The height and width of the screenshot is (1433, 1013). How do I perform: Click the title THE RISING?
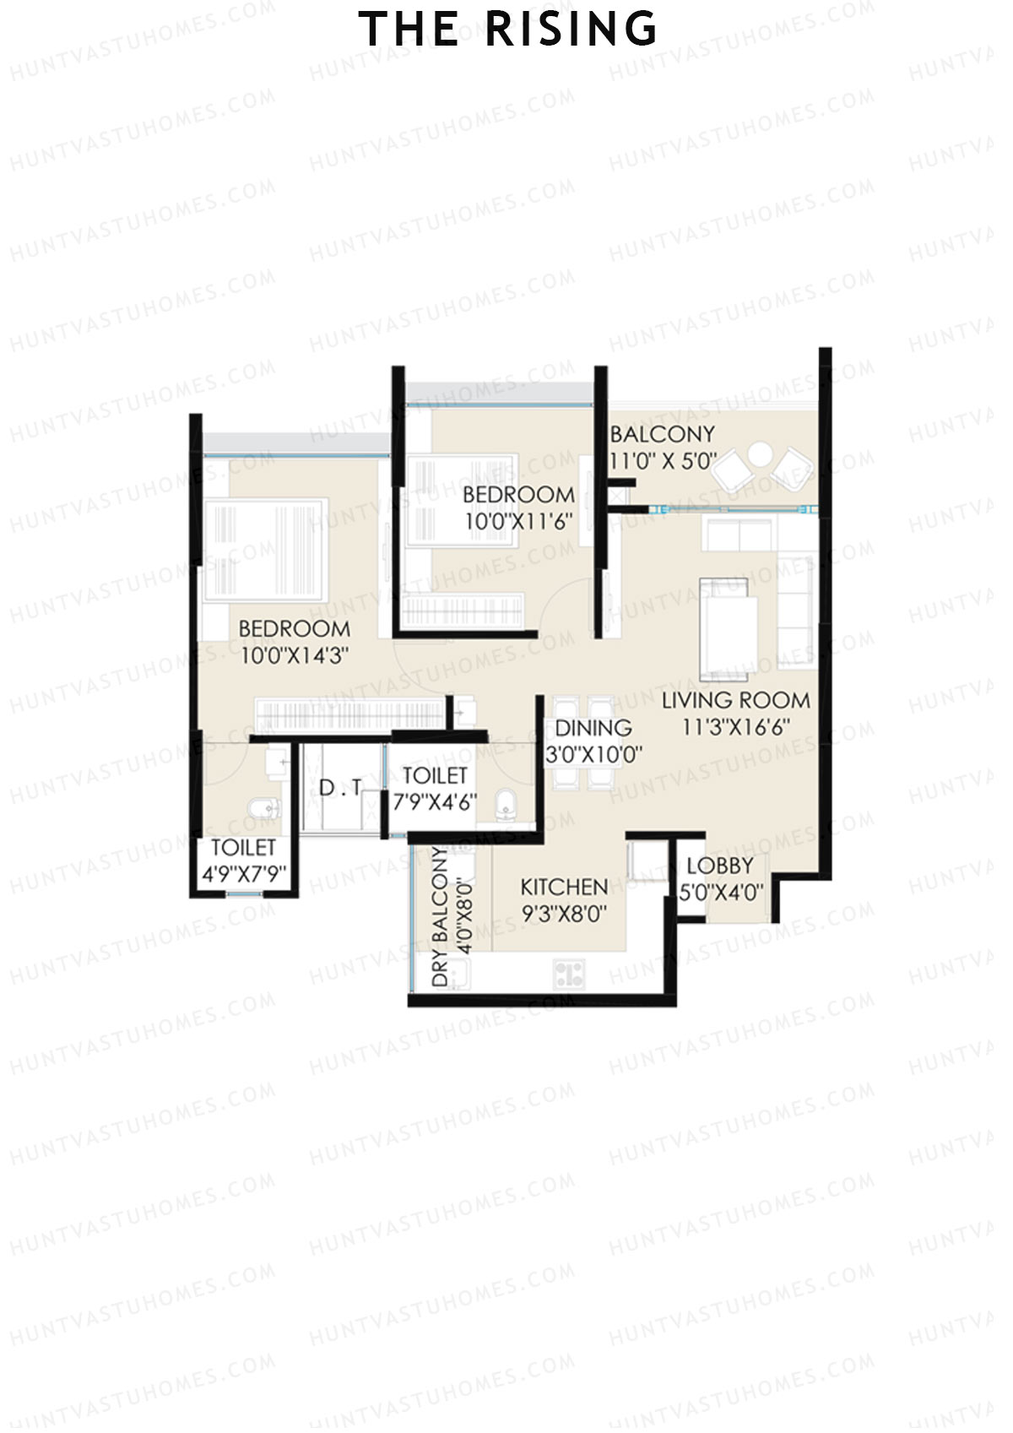point(507,30)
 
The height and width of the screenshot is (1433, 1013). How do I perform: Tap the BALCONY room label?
point(662,434)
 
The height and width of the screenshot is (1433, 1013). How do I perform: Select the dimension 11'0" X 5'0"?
point(663,462)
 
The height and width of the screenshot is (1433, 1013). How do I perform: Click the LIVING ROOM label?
point(735,700)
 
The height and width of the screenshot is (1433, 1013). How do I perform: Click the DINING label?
point(593,728)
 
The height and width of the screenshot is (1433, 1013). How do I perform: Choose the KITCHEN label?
point(564,887)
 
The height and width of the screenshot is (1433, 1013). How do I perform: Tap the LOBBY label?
point(719,866)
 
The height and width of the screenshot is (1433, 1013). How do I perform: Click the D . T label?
point(340,788)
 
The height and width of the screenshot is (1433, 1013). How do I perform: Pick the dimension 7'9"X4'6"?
point(435,801)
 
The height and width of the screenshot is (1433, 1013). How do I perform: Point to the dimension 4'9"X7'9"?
point(244,874)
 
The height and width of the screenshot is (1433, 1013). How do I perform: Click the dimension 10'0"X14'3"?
point(295,655)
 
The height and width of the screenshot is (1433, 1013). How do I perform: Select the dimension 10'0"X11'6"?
point(519,521)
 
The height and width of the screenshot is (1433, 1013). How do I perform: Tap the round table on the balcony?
point(761,454)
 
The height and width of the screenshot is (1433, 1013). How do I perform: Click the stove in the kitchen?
point(570,974)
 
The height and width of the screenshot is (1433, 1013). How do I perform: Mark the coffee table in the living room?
point(727,627)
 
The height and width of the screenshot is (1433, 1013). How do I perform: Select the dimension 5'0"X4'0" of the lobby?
point(722,892)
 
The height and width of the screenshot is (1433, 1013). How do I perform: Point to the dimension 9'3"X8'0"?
point(564,914)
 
